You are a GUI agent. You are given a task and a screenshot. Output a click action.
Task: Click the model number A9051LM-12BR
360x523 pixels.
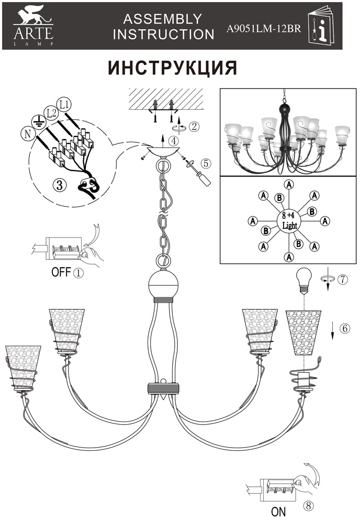[264, 29]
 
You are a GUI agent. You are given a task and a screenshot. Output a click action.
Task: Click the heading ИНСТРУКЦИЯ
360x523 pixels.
[173, 68]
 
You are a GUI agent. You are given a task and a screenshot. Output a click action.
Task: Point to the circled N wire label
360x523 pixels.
[28, 134]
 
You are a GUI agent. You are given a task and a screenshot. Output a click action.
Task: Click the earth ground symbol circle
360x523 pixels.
[39, 122]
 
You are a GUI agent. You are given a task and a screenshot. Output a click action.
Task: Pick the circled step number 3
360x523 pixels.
[59, 185]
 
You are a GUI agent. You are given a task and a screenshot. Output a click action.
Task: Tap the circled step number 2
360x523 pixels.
[194, 127]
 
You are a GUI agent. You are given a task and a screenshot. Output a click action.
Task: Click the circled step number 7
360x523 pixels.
[342, 279]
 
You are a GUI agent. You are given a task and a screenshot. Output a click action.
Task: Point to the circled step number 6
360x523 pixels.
[345, 328]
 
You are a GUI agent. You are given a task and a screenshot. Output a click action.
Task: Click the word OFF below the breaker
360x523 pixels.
[61, 272]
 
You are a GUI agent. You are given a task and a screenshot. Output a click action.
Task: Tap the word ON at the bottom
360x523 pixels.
[278, 512]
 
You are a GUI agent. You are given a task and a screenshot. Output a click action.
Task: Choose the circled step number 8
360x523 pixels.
[308, 506]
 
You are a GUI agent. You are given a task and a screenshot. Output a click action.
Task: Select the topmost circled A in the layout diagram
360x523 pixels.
[289, 184]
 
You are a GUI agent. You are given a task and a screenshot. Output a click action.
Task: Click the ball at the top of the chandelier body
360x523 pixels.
[163, 283]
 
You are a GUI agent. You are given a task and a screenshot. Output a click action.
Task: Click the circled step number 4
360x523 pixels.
[174, 141]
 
